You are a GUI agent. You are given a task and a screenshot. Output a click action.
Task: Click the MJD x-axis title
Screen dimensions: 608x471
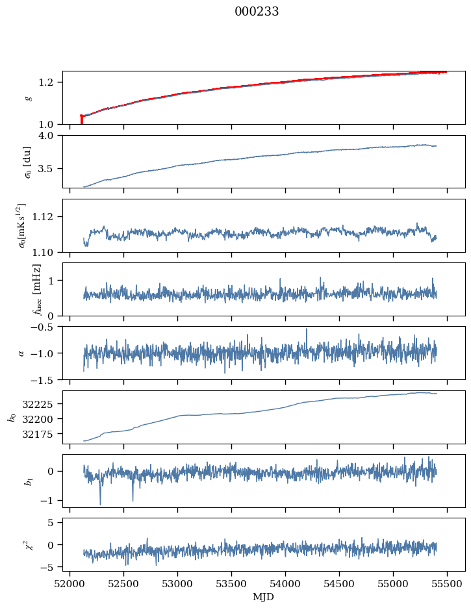pos(264,597)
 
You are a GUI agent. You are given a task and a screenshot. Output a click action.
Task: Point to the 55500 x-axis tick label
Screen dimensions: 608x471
pos(447,583)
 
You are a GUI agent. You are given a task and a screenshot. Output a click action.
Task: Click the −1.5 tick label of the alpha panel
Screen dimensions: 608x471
pos(49,379)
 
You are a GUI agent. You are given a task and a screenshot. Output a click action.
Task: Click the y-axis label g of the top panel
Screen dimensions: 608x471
pos(27,97)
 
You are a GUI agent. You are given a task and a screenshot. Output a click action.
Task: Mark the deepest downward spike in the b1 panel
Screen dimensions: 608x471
pos(100,503)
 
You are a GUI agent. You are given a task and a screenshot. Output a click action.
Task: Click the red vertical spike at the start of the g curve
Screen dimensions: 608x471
pos(81,120)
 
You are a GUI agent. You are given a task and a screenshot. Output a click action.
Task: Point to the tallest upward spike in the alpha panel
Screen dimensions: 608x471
pos(307,329)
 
